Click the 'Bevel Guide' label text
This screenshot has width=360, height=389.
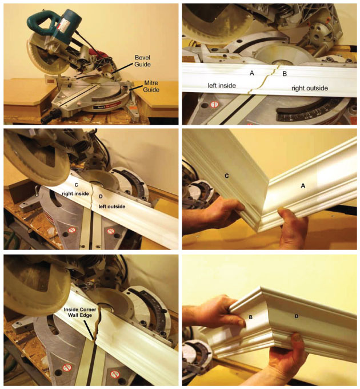pyautogui.click(x=142, y=61)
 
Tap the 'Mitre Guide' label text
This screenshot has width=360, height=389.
pyautogui.click(x=151, y=86)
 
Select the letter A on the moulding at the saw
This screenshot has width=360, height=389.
pyautogui.click(x=252, y=73)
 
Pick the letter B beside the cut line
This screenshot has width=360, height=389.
pyautogui.click(x=285, y=74)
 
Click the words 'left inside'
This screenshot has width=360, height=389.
pyautogui.click(x=222, y=86)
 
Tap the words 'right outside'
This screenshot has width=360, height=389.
pyautogui.click(x=310, y=88)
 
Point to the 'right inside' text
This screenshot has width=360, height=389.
pyautogui.click(x=75, y=193)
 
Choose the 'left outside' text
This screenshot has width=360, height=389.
pyautogui.click(x=112, y=206)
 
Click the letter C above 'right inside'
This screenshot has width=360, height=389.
pyautogui.click(x=76, y=185)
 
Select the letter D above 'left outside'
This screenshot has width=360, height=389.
pyautogui.click(x=101, y=196)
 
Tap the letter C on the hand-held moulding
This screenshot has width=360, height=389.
pyautogui.click(x=226, y=176)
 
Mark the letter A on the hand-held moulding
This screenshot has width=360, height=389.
pyautogui.click(x=302, y=185)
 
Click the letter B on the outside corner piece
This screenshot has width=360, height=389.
pyautogui.click(x=250, y=317)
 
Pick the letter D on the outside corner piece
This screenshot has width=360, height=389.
pyautogui.click(x=297, y=316)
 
